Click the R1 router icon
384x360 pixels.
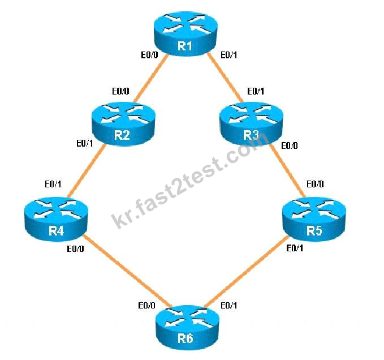tap(185, 33)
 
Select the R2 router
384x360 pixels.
tap(123, 124)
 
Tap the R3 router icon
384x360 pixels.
tap(252, 124)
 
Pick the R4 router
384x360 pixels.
tap(57, 219)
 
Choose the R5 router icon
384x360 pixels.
tap(314, 219)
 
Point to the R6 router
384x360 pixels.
tap(187, 327)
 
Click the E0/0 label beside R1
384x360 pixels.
tap(149, 55)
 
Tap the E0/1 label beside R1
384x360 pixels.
tap(228, 55)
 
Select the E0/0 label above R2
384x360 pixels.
tap(120, 91)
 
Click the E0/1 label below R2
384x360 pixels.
tap(85, 143)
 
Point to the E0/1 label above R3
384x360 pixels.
tap(256, 91)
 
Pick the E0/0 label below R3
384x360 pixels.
tap(290, 145)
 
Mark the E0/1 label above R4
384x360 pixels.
tap(53, 184)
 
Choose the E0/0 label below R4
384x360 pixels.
tap(75, 248)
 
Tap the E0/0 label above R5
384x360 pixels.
tap(315, 184)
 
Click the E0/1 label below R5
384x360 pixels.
tap(295, 248)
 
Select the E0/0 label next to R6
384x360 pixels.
tap(146, 305)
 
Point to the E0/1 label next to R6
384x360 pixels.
tap(228, 305)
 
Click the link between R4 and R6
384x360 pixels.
tap(127, 271)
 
